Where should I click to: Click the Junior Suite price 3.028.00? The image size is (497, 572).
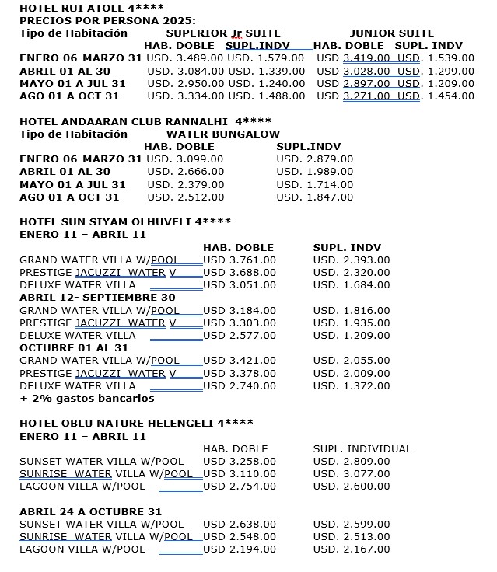[366, 71]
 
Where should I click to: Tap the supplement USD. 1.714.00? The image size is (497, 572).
[314, 184]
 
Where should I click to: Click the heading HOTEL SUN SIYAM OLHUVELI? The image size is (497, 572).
[124, 221]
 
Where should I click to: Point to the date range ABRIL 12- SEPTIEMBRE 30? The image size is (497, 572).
[97, 297]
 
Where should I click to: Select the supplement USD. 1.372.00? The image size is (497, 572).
[352, 385]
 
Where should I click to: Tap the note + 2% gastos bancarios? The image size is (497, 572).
[86, 398]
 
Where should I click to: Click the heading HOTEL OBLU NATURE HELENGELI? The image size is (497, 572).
[136, 423]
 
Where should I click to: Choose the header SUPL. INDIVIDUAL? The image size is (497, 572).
[362, 448]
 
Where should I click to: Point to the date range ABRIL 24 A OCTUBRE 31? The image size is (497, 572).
[90, 511]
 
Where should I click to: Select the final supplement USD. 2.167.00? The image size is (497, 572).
[352, 549]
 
